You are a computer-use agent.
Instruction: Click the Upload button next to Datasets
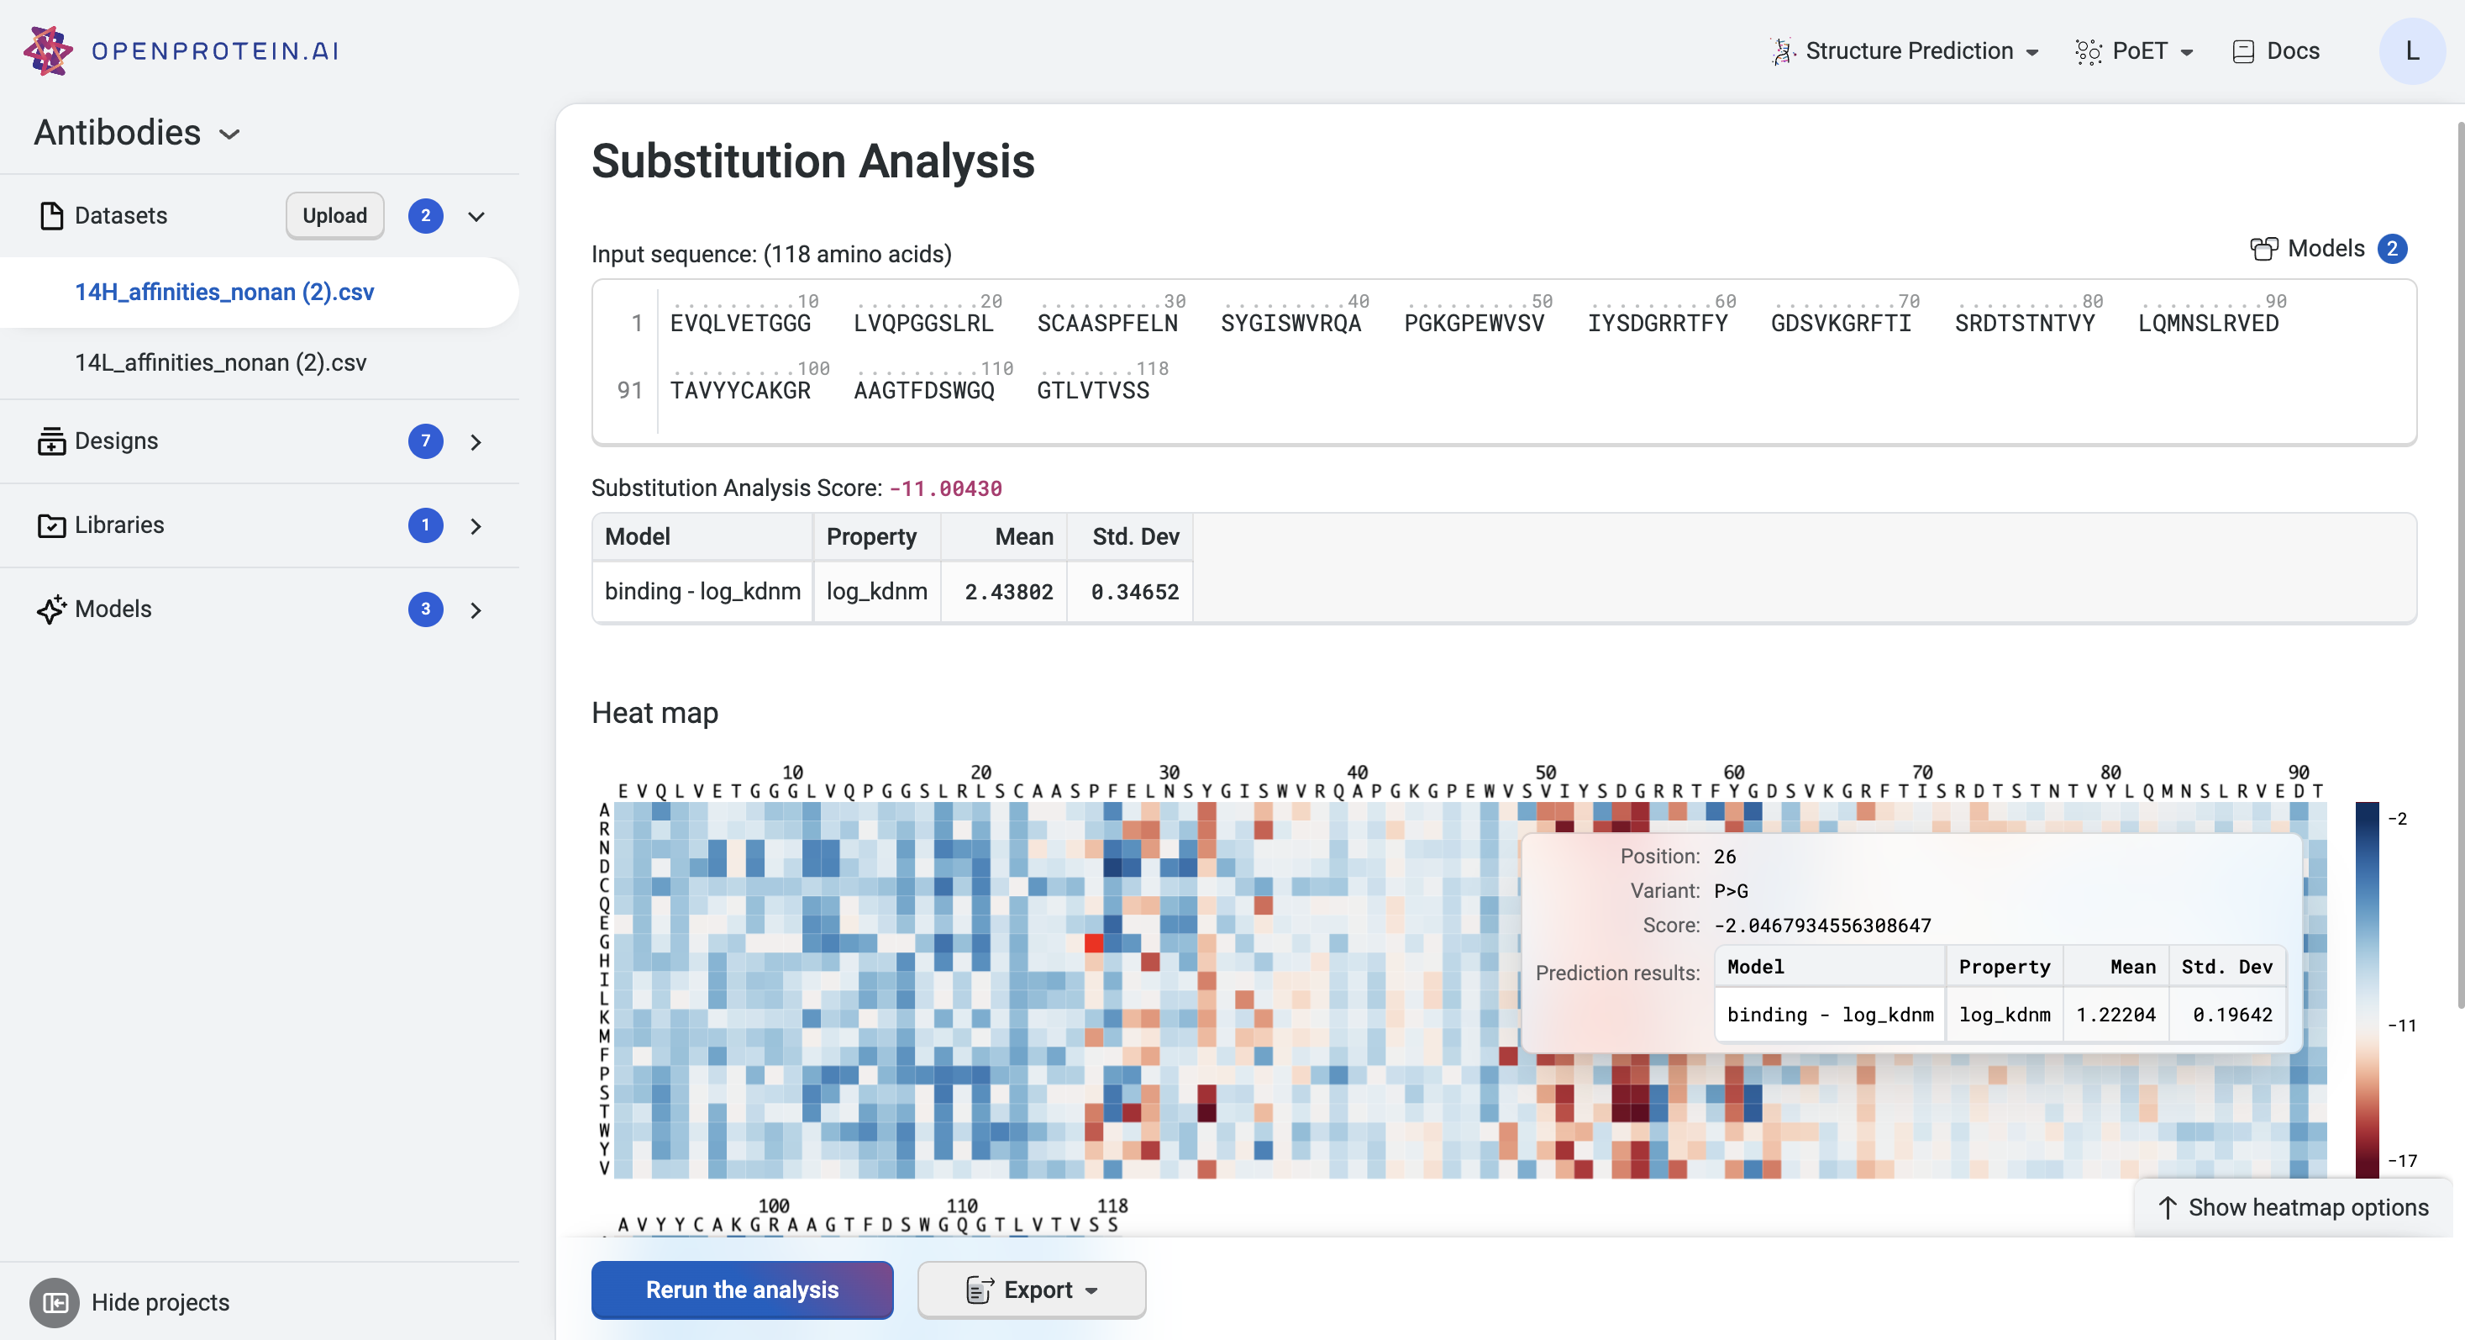tap(334, 215)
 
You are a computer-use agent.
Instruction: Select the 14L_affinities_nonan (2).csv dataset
tap(220, 363)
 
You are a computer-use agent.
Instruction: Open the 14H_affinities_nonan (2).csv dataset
tap(224, 292)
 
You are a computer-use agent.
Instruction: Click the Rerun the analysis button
tap(742, 1290)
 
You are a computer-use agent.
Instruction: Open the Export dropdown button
tap(1031, 1290)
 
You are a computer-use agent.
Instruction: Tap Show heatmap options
tap(2294, 1207)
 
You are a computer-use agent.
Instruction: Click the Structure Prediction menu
tap(1905, 50)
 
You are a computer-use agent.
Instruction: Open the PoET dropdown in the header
tap(2135, 50)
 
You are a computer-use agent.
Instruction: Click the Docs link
tap(2277, 50)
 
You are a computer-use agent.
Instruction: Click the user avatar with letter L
tap(2411, 50)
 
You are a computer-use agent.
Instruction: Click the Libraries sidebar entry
tap(118, 525)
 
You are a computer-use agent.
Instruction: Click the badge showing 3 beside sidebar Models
tap(425, 609)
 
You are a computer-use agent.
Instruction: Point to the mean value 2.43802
tap(1008, 593)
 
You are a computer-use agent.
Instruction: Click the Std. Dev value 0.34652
tap(1134, 593)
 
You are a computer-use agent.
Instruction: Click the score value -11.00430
tap(945, 489)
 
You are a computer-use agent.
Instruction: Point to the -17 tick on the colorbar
tap(2402, 1161)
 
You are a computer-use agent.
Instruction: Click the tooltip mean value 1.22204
tap(2115, 1015)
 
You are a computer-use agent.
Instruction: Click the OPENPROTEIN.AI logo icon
tap(48, 50)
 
